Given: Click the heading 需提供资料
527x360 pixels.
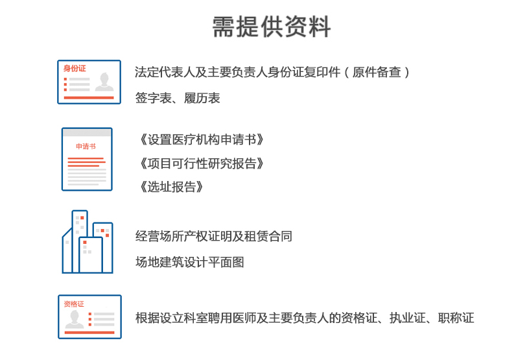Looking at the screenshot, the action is coord(272,27).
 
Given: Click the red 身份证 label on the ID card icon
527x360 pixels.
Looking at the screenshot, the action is coord(75,69).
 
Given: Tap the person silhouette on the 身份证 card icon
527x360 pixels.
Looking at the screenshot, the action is coord(104,82).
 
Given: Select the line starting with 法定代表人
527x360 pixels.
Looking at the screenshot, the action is coord(272,72).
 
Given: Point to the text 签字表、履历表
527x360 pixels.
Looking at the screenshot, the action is coord(178,98).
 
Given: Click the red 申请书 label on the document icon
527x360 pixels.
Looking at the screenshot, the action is coord(86,147).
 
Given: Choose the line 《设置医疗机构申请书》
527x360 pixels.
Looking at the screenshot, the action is coord(202,139).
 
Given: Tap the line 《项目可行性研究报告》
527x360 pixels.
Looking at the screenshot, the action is coord(202,163).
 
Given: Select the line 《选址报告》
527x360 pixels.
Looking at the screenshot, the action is coord(171,187).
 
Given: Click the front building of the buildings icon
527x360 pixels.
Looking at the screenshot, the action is coord(90,255).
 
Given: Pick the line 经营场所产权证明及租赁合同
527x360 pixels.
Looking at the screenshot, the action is coord(214,236).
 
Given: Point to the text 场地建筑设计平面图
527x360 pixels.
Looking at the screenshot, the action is coord(190,262).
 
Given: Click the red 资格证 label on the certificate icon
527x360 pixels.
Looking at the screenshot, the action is coord(74,304).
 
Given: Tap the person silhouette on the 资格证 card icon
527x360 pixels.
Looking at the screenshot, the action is coord(75,319).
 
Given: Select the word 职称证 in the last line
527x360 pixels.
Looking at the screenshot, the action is coord(456,318).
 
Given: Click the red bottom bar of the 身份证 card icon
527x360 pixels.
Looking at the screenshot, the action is coord(89,97).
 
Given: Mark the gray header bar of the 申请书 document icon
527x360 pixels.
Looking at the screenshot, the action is coord(87,132).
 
